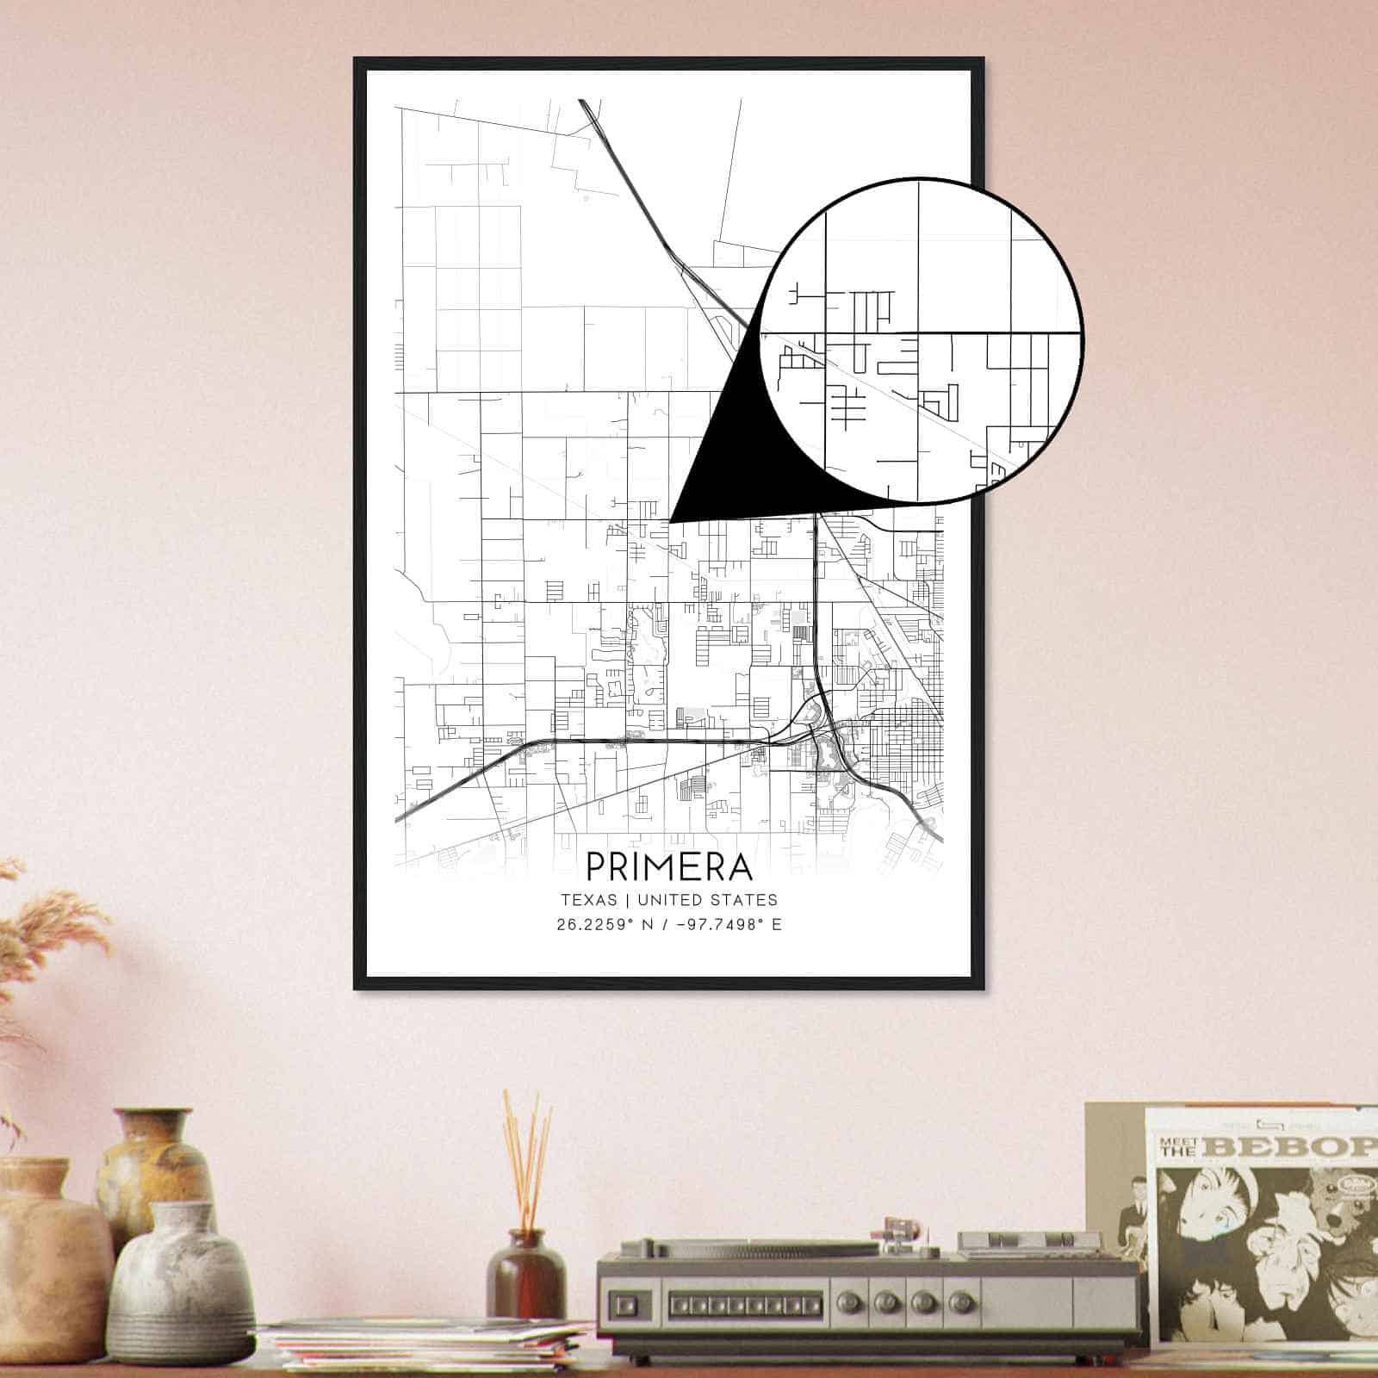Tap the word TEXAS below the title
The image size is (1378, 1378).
(x=589, y=900)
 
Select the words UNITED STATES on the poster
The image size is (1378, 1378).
(x=707, y=900)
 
